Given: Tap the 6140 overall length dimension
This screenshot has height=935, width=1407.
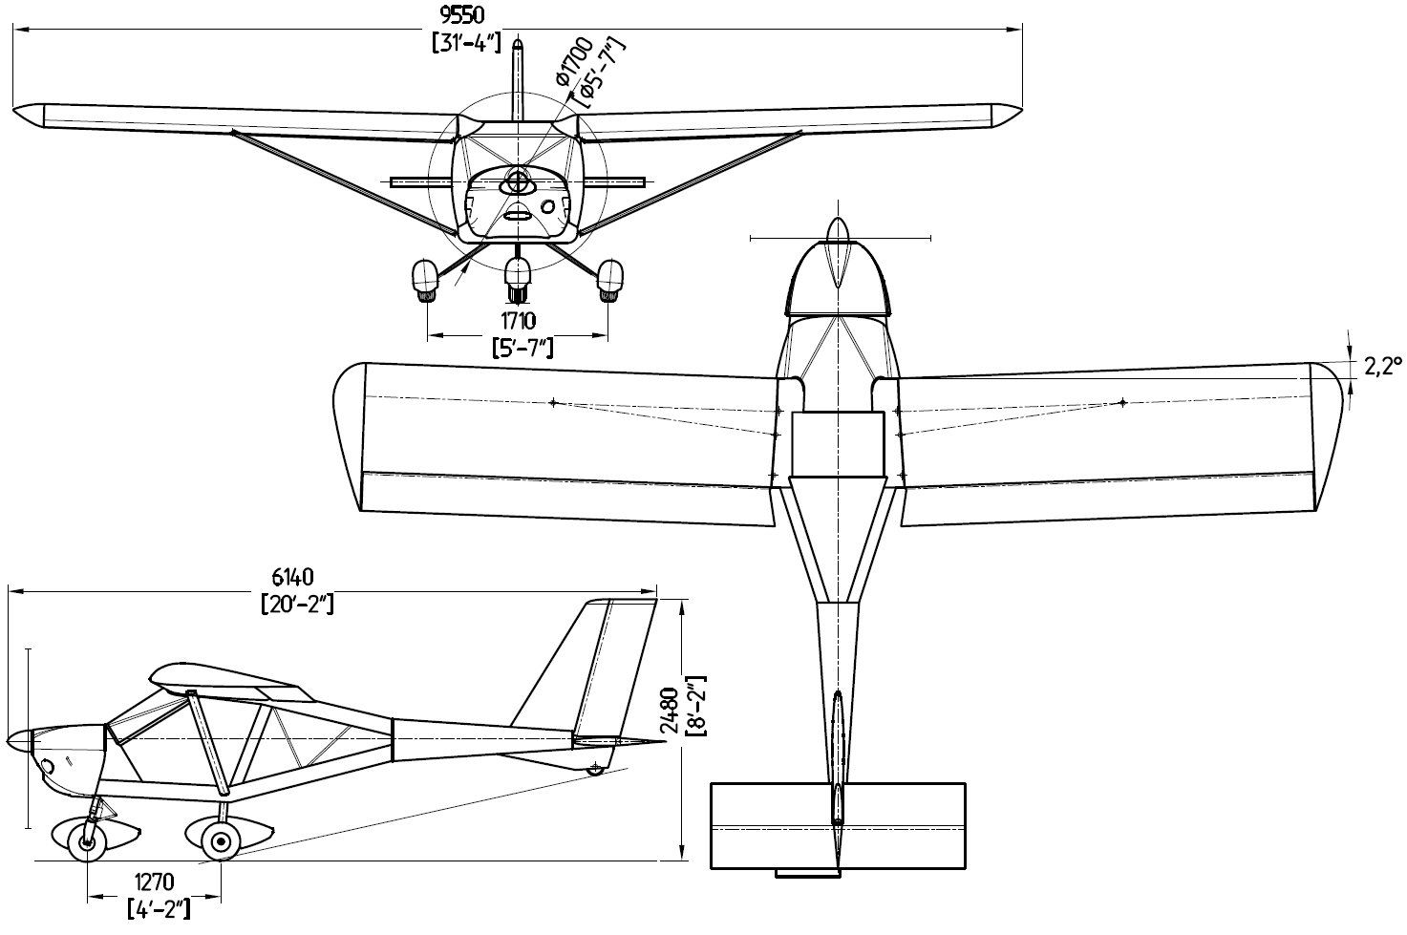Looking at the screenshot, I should [x=293, y=576].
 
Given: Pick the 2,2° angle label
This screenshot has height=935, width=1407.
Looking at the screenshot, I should [x=1381, y=365].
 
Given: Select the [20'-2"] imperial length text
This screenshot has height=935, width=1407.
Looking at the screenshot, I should [x=296, y=604].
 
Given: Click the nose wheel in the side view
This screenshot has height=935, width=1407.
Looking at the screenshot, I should [x=88, y=842].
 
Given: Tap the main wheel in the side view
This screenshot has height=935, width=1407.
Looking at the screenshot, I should [x=223, y=840].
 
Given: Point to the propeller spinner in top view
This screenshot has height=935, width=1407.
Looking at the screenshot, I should [x=837, y=250].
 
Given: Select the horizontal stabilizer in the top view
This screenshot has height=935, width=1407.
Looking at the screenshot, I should [x=838, y=825].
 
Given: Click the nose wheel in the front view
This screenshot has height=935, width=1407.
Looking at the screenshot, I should [x=517, y=278].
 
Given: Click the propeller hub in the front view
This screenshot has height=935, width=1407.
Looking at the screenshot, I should [x=517, y=181].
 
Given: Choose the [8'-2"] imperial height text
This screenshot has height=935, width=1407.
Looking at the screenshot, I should [x=698, y=710].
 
